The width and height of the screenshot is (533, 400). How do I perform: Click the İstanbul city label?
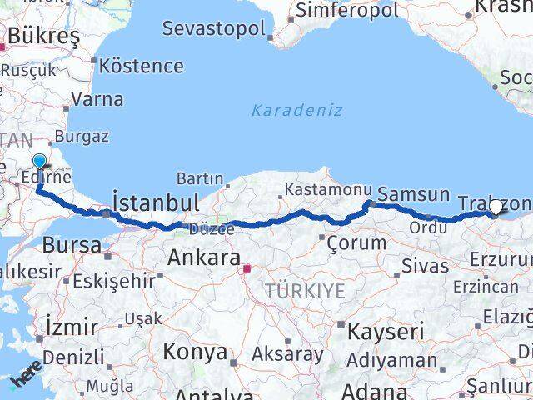pos(156,202)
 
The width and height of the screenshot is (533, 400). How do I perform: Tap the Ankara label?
pos(204,257)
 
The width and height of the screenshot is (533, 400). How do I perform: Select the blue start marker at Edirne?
pos(40,162)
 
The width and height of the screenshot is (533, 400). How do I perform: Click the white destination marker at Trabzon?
pos(496,207)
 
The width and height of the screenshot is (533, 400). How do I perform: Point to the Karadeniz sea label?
pos(296,110)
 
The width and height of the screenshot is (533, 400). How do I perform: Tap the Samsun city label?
pos(414,195)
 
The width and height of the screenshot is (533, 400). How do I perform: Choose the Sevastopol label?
pos(214,27)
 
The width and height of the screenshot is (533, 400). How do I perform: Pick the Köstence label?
pos(142,65)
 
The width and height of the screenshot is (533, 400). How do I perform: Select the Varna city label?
pos(97,99)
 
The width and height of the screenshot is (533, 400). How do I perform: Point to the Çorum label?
pos(357,243)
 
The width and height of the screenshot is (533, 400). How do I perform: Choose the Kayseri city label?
pos(380,331)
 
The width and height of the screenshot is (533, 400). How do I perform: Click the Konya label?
pos(194,352)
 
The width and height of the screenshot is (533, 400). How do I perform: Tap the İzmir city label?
pos(72,325)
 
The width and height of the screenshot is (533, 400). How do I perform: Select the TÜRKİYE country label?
pos(305,290)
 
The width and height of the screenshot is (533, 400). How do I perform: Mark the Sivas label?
pos(425,267)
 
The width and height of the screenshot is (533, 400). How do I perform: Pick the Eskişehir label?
pos(112,281)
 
